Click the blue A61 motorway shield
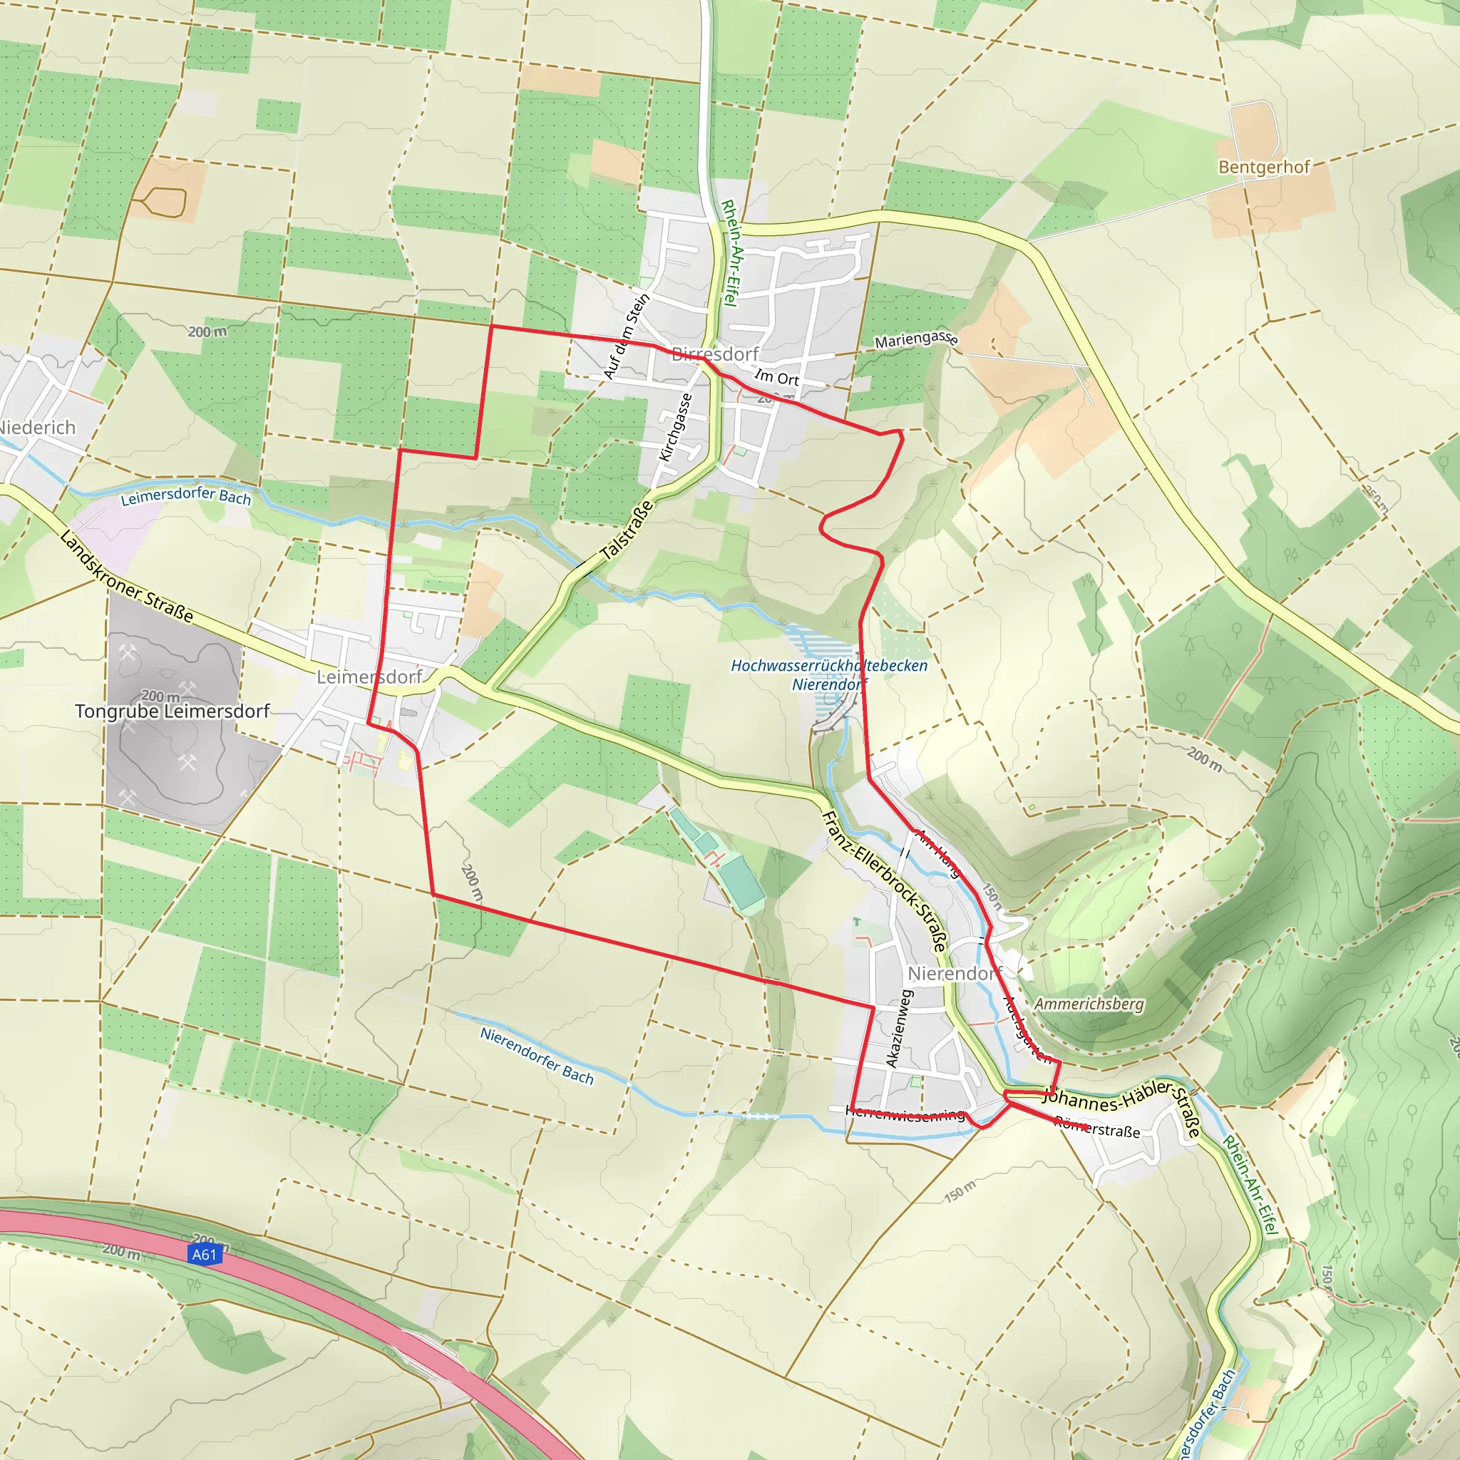tap(204, 1255)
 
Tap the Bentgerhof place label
tap(1263, 167)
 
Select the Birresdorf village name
tap(715, 354)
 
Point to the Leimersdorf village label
tap(369, 677)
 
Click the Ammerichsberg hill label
tap(1089, 1004)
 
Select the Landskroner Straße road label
tap(126, 577)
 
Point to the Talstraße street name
tap(627, 530)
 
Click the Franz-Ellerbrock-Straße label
tap(883, 881)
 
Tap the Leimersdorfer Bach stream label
tap(186, 495)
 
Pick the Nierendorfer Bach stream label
tap(538, 1055)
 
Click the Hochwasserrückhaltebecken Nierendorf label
tap(829, 675)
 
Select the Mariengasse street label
tap(917, 339)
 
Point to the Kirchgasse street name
tap(676, 427)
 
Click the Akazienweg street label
tap(899, 1029)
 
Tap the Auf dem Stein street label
tap(627, 336)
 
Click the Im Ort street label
tap(777, 377)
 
